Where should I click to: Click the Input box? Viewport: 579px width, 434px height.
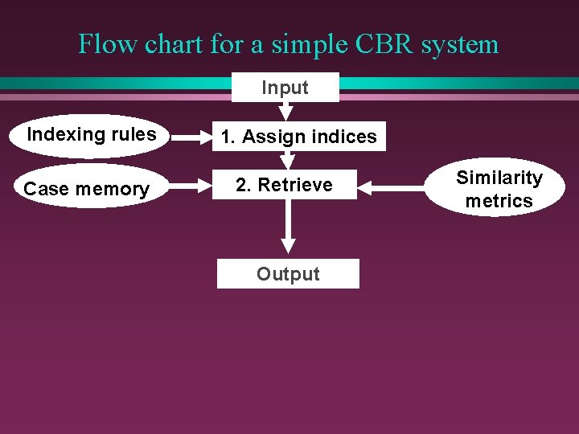pyautogui.click(x=285, y=88)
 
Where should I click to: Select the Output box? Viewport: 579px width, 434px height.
pyautogui.click(x=288, y=274)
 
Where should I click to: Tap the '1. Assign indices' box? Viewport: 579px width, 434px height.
pyautogui.click(x=298, y=137)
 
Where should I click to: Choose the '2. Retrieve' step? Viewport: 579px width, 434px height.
pyautogui.click(x=284, y=185)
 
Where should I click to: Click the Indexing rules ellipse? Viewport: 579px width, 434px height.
pyautogui.click(x=91, y=134)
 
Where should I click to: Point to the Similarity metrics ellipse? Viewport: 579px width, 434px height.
pyautogui.click(x=499, y=189)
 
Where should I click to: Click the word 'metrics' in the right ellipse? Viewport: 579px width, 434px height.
pyautogui.click(x=499, y=201)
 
